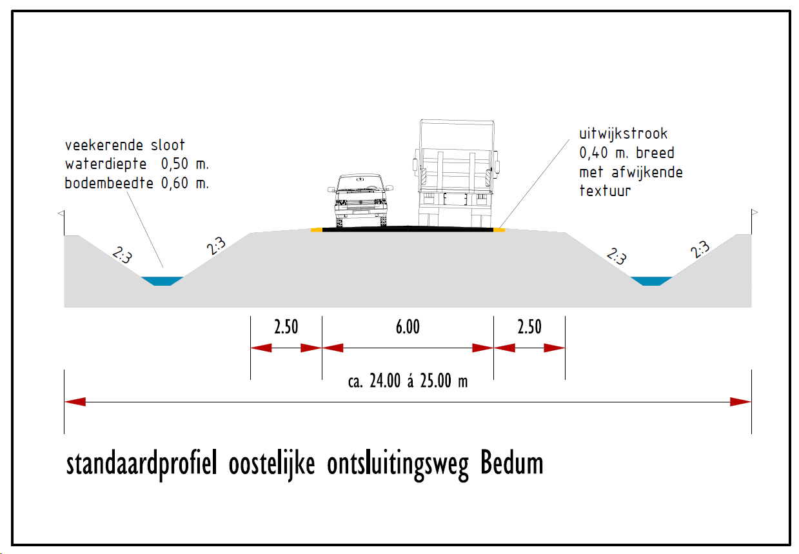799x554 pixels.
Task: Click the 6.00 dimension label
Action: click(408, 327)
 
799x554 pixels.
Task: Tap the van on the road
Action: click(360, 200)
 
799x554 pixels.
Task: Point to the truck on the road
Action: click(456, 173)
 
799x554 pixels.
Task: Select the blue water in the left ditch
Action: click(163, 281)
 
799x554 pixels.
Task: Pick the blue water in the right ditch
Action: click(651, 281)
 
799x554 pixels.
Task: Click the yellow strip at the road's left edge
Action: click(317, 230)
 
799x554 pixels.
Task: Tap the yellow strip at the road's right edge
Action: click(499, 230)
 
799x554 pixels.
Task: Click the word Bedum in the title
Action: click(512, 463)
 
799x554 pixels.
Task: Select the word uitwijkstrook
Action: click(623, 134)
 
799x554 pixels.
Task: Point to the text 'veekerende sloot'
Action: click(125, 145)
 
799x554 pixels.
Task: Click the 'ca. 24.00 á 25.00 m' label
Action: click(408, 381)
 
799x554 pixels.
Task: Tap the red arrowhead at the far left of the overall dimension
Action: click(75, 402)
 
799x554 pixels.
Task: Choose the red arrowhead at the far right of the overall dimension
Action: click(740, 402)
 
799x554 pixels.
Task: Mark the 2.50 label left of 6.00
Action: click(286, 327)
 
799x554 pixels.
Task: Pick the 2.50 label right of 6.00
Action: click(529, 327)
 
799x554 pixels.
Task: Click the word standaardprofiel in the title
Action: click(142, 464)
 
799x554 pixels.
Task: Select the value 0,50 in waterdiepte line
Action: click(174, 164)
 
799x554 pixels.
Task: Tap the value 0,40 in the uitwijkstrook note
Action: click(593, 153)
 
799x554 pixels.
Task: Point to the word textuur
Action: click(605, 191)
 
